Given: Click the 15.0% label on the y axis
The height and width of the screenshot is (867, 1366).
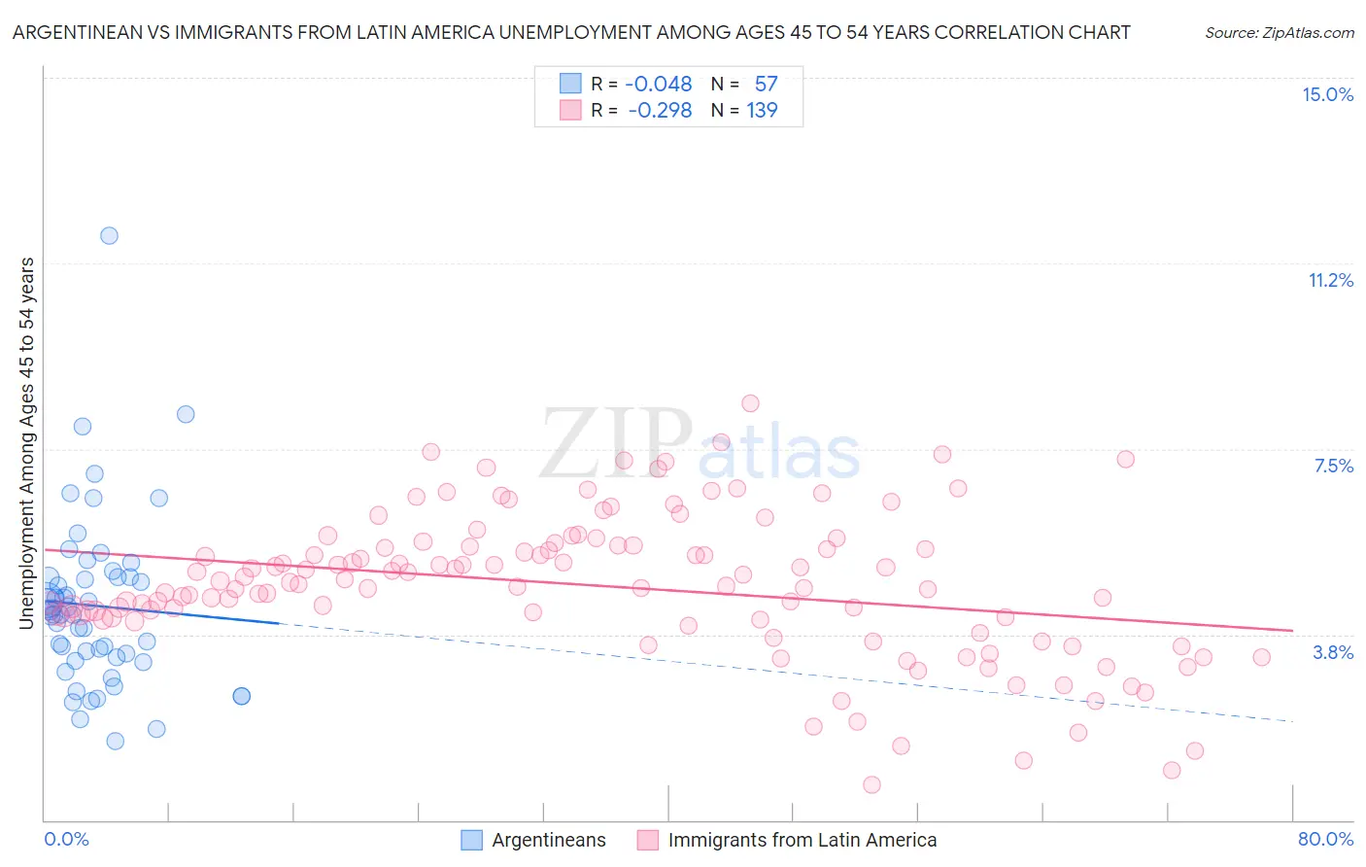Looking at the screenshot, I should pos(1327,94).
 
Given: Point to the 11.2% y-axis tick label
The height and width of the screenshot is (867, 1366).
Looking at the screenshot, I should pos(1330,281).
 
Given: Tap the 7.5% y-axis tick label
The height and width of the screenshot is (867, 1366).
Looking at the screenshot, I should pos(1333,467).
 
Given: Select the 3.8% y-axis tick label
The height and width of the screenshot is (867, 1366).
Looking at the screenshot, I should pos(1333,652).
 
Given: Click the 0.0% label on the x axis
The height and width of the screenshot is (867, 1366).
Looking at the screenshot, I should pos(66,839).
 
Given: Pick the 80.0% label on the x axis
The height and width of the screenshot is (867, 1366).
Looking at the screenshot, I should pos(1325,839).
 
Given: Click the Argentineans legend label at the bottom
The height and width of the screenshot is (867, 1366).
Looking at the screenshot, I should pos(548,841).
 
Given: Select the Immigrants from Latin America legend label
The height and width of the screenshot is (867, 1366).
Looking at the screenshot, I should pos(803,841).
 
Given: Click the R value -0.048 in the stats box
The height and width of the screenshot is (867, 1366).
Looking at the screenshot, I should pos(659,85).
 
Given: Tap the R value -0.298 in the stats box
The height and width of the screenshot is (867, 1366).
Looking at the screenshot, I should pos(660,111).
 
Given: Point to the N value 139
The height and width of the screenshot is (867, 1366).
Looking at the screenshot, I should pos(762,111).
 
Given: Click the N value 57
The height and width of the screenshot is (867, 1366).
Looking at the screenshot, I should pos(766,85).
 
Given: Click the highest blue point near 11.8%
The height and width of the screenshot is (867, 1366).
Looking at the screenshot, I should pos(109,235).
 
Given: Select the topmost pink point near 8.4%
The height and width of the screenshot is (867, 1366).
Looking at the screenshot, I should pos(750,403).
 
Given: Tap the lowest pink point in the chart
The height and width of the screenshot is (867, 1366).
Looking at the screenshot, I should pos(871,784).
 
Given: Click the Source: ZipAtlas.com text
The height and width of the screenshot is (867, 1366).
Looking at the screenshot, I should pos(1279,33).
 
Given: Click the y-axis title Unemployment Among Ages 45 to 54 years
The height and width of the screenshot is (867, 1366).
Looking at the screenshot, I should pos(27,442).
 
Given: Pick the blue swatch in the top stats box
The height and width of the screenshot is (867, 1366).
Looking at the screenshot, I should pos(570,84).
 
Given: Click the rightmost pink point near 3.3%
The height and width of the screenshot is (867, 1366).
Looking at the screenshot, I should pos(1261,657).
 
